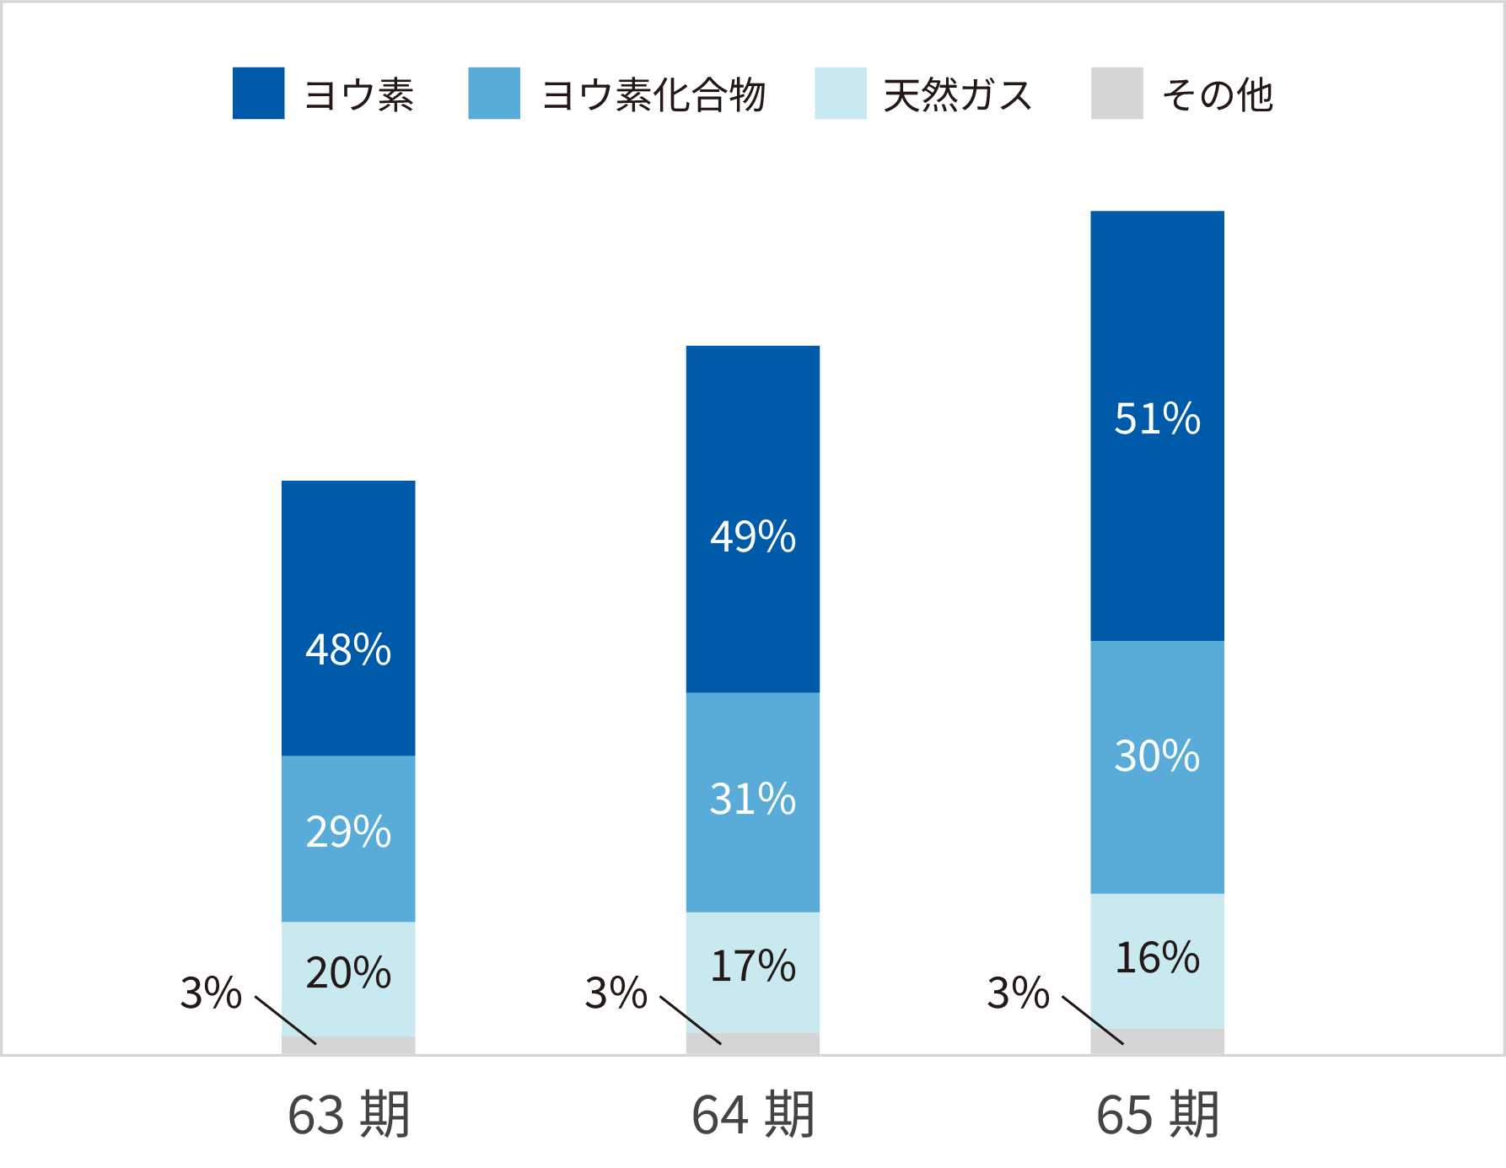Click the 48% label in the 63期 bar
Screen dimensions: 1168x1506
pyautogui.click(x=348, y=650)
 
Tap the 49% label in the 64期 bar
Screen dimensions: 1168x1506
pyautogui.click(x=753, y=536)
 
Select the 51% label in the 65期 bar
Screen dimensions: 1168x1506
pyautogui.click(x=1157, y=418)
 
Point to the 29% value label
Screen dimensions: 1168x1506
pyautogui.click(x=348, y=832)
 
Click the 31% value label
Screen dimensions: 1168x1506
pyautogui.click(x=753, y=799)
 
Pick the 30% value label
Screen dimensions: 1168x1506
pyautogui.click(x=1157, y=756)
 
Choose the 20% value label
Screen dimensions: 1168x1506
pyautogui.click(x=348, y=973)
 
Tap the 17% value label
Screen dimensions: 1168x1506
pyautogui.click(x=753, y=966)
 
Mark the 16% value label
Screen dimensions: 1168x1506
pyautogui.click(x=1157, y=958)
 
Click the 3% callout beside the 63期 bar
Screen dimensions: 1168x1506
pyautogui.click(x=211, y=993)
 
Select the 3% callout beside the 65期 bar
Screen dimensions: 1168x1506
pyautogui.click(x=1018, y=993)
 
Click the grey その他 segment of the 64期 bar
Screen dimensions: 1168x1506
pyautogui.click(x=753, y=1043)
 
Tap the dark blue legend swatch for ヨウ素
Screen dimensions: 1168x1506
pyautogui.click(x=258, y=93)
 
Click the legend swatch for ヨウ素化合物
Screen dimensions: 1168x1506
pyautogui.click(x=494, y=93)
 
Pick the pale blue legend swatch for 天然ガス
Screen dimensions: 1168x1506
pyautogui.click(x=841, y=93)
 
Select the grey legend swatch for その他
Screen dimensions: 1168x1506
pyautogui.click(x=1116, y=93)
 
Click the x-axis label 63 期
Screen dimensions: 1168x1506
pyautogui.click(x=348, y=1115)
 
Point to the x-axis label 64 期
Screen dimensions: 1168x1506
pyautogui.click(x=753, y=1115)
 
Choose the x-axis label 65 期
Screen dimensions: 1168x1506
pyautogui.click(x=1157, y=1115)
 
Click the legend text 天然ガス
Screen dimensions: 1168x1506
pyautogui.click(x=957, y=94)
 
